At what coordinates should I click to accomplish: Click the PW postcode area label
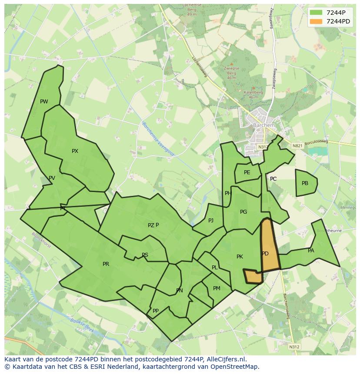[44, 102]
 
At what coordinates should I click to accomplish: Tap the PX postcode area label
[75, 151]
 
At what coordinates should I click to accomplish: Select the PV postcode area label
[52, 178]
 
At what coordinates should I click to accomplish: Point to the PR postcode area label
[106, 264]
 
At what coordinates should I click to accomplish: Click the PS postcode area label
[145, 255]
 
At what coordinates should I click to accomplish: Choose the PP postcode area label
[155, 311]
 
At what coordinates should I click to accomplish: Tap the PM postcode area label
[217, 288]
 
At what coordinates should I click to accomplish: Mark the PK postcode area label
[240, 257]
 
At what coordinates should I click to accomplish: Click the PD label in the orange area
[265, 254]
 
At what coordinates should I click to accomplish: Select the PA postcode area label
[311, 251]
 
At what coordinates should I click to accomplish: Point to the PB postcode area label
[305, 183]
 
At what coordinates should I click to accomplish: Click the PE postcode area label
[247, 172]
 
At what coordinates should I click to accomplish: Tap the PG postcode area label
[243, 212]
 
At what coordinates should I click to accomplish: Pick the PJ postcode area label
[211, 221]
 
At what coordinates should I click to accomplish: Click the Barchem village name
[264, 126]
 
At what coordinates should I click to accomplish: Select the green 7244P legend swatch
[316, 13]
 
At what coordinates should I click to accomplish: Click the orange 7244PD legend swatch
[316, 21]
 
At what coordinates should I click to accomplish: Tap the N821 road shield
[297, 146]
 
